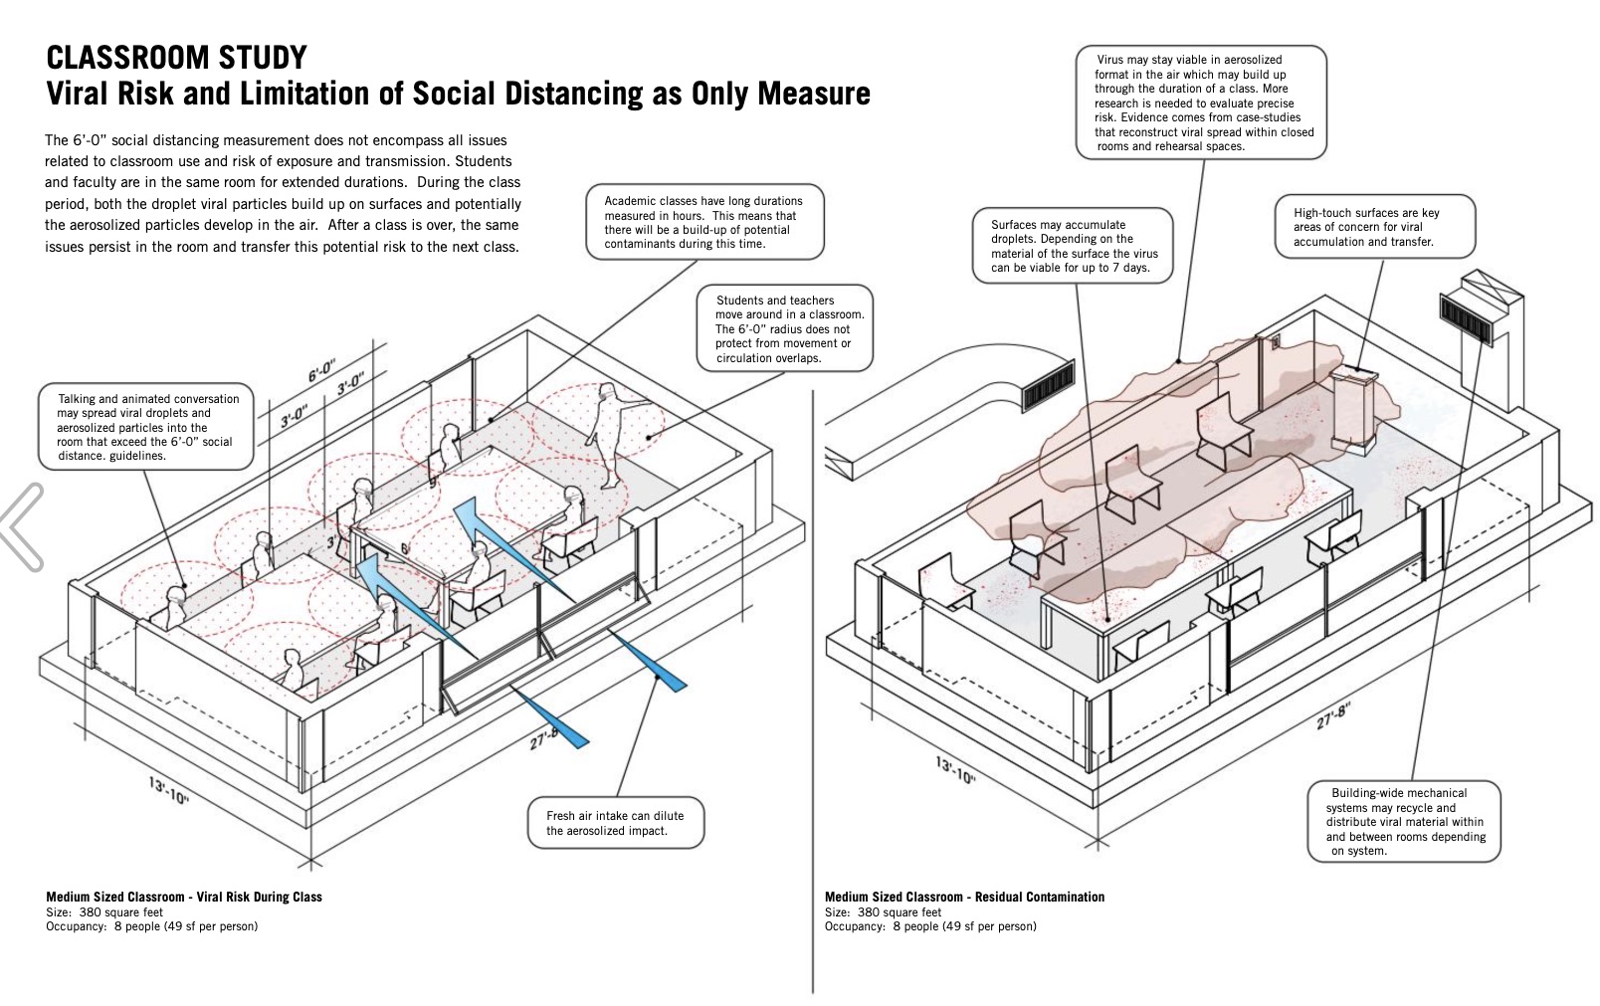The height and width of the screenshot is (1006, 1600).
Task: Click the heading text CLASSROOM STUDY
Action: click(175, 57)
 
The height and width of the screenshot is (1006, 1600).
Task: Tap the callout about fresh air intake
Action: click(615, 823)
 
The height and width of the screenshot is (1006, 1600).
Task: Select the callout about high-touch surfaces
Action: click(1375, 227)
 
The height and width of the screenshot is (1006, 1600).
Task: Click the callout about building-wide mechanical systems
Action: click(1403, 821)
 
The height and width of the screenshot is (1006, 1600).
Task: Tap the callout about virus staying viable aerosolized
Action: click(1203, 102)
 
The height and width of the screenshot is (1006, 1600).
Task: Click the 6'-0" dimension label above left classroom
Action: click(321, 374)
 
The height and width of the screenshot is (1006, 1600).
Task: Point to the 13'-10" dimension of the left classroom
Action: click(169, 791)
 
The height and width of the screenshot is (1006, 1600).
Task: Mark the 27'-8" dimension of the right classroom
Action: click(1334, 717)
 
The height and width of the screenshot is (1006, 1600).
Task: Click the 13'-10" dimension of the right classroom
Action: click(956, 769)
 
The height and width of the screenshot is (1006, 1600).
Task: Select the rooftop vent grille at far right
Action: click(1465, 318)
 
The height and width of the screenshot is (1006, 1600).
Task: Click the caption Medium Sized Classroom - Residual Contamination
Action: click(964, 897)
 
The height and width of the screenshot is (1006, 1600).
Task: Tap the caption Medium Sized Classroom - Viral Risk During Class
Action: click(184, 897)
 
